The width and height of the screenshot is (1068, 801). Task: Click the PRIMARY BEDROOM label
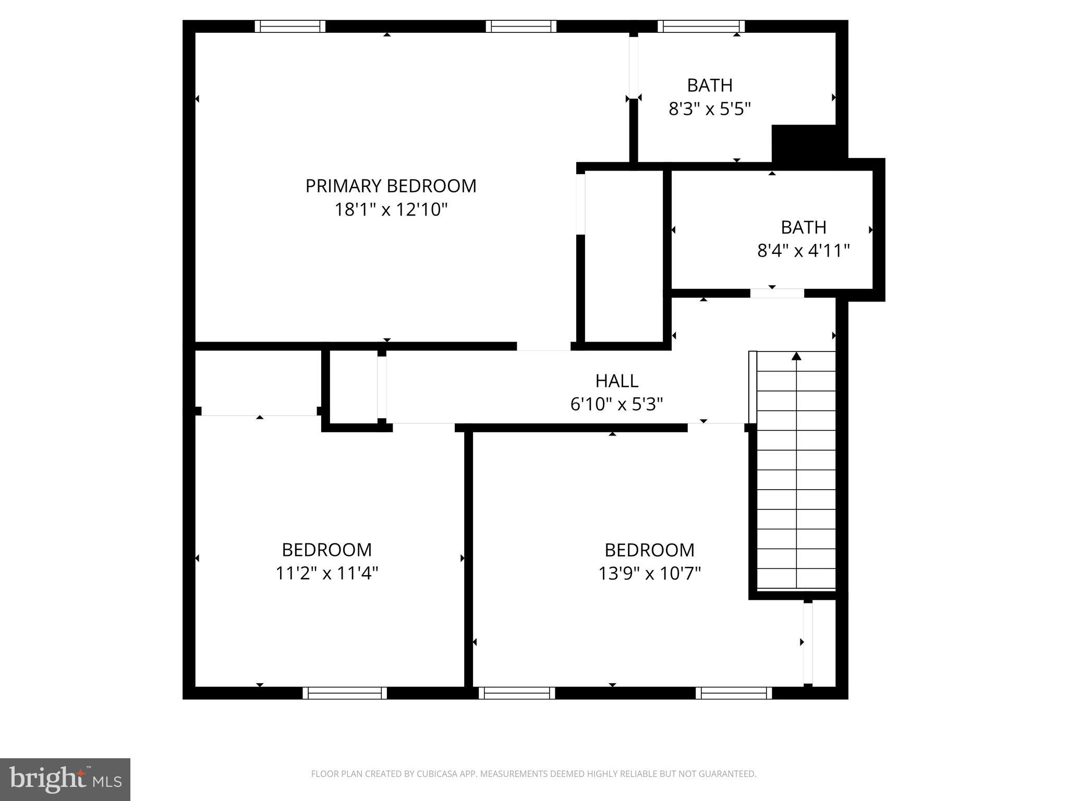point(391,186)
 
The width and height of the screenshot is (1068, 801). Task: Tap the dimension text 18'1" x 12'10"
point(391,210)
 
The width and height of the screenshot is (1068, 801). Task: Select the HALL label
point(616,381)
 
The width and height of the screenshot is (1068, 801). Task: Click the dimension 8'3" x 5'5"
point(709,109)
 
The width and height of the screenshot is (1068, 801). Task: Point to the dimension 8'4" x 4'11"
point(803,251)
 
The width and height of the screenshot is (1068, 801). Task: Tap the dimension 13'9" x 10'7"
point(649,574)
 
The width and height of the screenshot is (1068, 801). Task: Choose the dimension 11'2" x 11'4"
point(326,574)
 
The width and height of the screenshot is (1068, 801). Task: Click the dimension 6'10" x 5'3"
point(616,405)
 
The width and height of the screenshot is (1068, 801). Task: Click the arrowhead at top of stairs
point(796,356)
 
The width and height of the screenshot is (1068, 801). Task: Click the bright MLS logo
point(65,779)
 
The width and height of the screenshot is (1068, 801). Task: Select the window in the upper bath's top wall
point(701,26)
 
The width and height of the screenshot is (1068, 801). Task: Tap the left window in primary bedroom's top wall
point(290,26)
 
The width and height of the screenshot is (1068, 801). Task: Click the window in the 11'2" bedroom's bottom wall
point(345,693)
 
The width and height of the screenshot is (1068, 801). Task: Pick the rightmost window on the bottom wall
point(734,693)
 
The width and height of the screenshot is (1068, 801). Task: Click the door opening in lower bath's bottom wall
point(777,293)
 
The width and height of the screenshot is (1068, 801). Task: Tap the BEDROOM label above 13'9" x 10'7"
point(649,550)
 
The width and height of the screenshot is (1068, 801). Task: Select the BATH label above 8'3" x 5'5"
point(709,86)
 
